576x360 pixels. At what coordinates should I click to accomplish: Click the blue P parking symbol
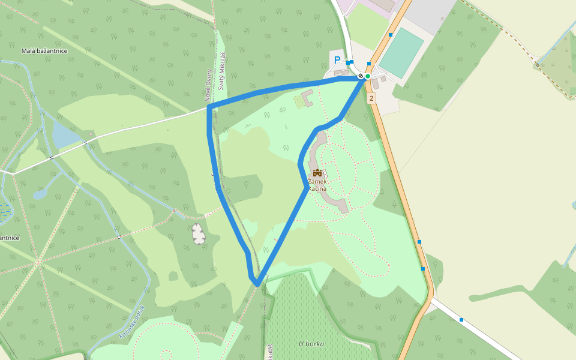tap(337, 60)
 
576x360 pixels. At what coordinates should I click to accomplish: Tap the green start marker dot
tap(368, 76)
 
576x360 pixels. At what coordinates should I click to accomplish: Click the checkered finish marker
tap(361, 76)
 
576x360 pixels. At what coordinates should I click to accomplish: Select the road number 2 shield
tap(371, 98)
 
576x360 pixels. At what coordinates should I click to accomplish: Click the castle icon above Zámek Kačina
tap(317, 173)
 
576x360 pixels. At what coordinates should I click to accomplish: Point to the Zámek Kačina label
tap(317, 185)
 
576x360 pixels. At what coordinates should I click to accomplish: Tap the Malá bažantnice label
tap(44, 51)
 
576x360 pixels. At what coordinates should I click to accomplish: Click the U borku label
tap(311, 344)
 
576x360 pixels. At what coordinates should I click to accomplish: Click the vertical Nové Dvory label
tap(209, 87)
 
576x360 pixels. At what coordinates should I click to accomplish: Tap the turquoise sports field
tap(401, 53)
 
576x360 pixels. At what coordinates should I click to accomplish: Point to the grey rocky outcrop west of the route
tap(198, 233)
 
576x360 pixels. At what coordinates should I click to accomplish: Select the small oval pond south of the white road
tap(40, 194)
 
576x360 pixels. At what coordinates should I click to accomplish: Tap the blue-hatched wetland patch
tap(4, 210)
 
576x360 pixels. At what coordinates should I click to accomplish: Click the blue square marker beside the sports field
tap(391, 35)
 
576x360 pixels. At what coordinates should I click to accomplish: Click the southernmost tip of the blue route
tap(257, 284)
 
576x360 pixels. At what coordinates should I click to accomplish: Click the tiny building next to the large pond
tap(90, 133)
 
